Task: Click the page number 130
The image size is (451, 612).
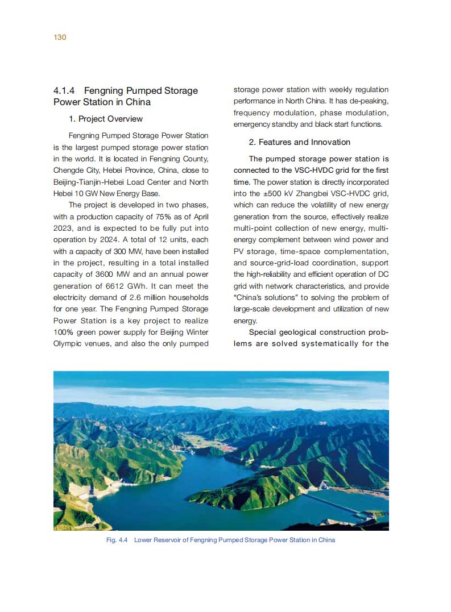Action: pyautogui.click(x=60, y=38)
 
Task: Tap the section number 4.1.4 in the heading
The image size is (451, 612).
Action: pyautogui.click(x=65, y=91)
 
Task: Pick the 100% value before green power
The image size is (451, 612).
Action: pyautogui.click(x=64, y=332)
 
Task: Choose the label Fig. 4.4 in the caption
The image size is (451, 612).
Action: pyautogui.click(x=117, y=540)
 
